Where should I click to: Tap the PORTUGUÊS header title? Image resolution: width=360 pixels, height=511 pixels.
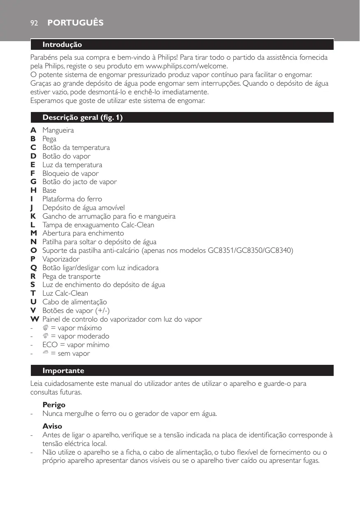click(75, 23)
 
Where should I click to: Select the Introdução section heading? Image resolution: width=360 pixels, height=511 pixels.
click(63, 44)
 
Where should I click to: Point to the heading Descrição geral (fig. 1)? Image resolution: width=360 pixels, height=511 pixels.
click(83, 118)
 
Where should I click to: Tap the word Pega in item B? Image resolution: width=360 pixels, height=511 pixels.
click(49, 139)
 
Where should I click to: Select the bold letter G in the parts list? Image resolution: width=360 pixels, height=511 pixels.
click(33, 182)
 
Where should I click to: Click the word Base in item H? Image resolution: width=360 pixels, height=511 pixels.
click(49, 191)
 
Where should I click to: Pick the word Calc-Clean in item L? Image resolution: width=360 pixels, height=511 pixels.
click(138, 225)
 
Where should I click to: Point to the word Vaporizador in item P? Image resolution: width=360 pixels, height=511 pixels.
click(61, 259)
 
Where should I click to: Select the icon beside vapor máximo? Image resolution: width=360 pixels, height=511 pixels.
click(46, 328)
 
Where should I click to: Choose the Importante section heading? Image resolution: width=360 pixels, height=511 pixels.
click(63, 371)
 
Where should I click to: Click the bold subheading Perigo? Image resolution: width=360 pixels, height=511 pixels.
click(54, 405)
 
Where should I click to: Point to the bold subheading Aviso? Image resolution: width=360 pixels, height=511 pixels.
click(52, 426)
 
